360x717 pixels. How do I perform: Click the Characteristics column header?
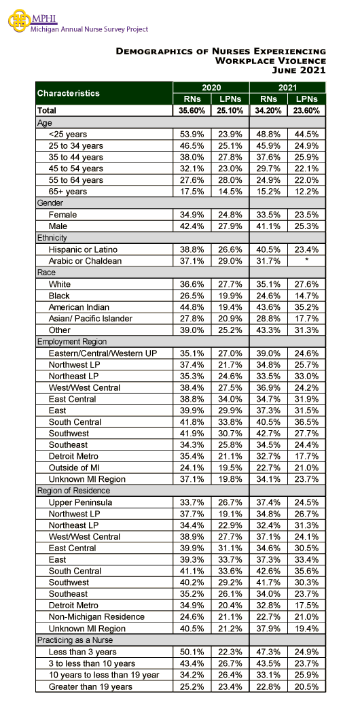click(68, 93)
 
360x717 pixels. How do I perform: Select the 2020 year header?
click(211, 88)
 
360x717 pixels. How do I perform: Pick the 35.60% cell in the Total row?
click(192, 110)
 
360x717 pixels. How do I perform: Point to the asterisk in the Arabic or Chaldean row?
click(307, 261)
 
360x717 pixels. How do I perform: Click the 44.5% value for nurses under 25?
click(307, 135)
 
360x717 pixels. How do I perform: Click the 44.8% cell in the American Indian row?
click(192, 307)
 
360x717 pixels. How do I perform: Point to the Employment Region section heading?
click(71, 341)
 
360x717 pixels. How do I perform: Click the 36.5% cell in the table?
click(307, 422)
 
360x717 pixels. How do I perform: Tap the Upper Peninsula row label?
click(80, 502)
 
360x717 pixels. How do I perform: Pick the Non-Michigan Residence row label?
click(96, 617)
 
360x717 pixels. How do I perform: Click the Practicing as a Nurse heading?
click(75, 640)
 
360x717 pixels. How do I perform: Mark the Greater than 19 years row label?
click(90, 686)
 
